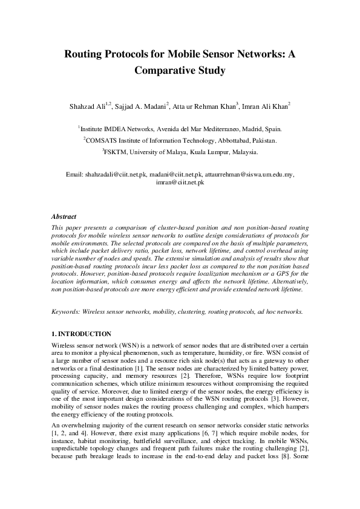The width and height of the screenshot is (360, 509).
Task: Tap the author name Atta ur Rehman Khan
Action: pyautogui.click(x=205, y=106)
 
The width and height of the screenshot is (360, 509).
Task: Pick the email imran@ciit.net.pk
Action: pyautogui.click(x=180, y=182)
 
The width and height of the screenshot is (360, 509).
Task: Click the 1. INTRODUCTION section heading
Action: pyautogui.click(x=81, y=334)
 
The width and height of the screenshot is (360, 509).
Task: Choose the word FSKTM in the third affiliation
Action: pyautogui.click(x=116, y=151)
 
